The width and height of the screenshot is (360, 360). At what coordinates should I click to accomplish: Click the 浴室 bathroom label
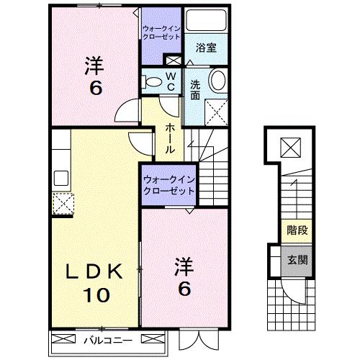coord(207,48)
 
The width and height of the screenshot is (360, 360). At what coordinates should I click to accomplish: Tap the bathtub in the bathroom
coord(206,22)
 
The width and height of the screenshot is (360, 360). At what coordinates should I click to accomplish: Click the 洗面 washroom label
coord(195,90)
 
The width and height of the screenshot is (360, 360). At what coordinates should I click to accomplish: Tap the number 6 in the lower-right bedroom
coord(184,289)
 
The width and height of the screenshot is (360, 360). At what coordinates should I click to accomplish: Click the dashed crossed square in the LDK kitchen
coord(63,204)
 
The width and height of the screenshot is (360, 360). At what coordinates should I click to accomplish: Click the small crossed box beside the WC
coord(173,61)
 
